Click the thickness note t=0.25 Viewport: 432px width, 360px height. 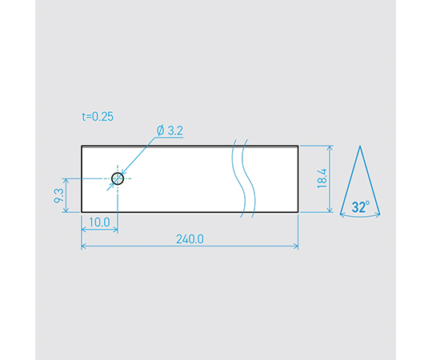98,117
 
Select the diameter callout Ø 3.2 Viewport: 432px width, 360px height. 170,130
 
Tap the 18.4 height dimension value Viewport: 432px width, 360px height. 322,178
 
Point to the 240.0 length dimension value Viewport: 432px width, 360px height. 190,239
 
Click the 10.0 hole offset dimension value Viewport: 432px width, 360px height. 99,222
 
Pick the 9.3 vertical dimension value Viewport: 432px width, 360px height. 59,195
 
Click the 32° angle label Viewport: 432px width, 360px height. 361,207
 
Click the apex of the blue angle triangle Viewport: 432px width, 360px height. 360,146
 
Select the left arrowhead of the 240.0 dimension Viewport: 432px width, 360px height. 83,246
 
